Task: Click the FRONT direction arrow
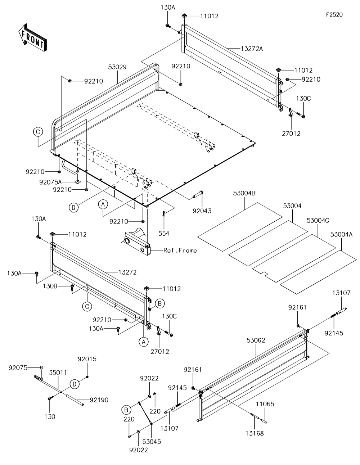(32, 37)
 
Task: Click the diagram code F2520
(334, 15)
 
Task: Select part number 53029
(117, 67)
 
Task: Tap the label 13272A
(252, 49)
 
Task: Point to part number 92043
(202, 211)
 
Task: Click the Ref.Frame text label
(180, 250)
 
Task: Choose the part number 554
(164, 234)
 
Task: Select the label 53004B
(244, 193)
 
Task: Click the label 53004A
(341, 235)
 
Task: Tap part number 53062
(256, 340)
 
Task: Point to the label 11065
(265, 404)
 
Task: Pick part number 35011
(58, 373)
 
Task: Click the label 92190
(99, 400)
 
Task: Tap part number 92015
(87, 359)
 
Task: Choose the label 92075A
(50, 182)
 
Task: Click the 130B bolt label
(50, 286)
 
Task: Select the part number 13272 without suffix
(127, 272)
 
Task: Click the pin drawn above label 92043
(198, 195)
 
